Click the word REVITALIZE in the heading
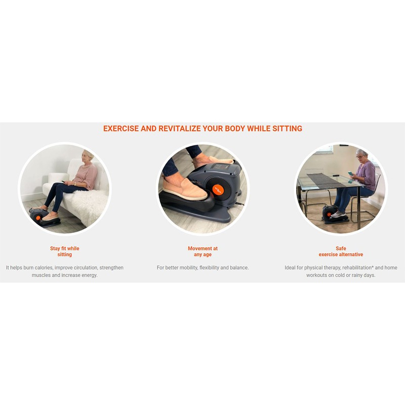tap(180, 129)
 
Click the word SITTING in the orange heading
tap(287, 129)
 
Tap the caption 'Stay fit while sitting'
tap(65, 251)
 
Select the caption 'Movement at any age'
tap(203, 251)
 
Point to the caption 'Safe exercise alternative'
tap(341, 251)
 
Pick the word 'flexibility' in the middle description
tap(209, 268)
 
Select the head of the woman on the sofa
tap(87, 156)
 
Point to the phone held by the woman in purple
tap(350, 173)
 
